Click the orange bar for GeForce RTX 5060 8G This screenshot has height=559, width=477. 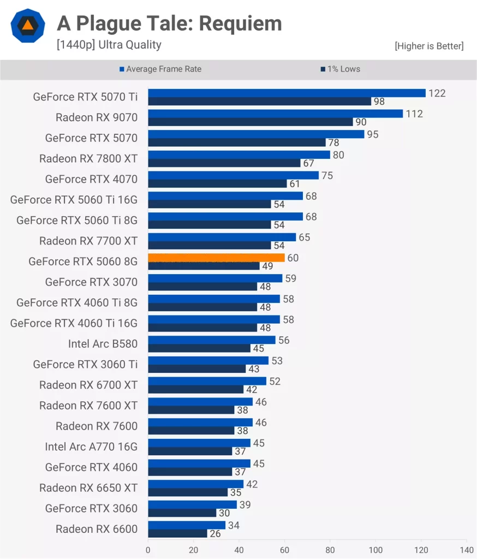pyautogui.click(x=216, y=258)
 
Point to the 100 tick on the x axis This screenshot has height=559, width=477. pyautogui.click(x=375, y=550)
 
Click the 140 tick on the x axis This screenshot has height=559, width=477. pyautogui.click(x=467, y=550)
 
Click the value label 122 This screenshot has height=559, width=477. pyautogui.click(x=437, y=93)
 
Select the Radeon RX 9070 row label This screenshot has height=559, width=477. pyautogui.click(x=97, y=117)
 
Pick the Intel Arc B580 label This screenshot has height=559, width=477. pyautogui.click(x=103, y=344)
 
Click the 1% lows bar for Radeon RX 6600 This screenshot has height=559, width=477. pyautogui.click(x=177, y=533)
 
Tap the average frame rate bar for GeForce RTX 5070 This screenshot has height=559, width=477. pyautogui.click(x=256, y=134)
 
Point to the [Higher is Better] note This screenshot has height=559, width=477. pyautogui.click(x=429, y=46)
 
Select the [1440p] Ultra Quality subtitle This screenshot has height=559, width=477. pyautogui.click(x=109, y=45)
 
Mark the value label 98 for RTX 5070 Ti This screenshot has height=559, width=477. pyautogui.click(x=379, y=102)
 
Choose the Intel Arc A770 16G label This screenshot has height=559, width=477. pyautogui.click(x=91, y=447)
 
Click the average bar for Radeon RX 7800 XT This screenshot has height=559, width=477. pyautogui.click(x=238, y=155)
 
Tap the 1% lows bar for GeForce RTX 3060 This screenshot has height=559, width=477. pyautogui.click(x=182, y=513)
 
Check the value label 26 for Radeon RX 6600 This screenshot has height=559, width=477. pyautogui.click(x=215, y=534)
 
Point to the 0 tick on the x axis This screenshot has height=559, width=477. pyautogui.click(x=148, y=550)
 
